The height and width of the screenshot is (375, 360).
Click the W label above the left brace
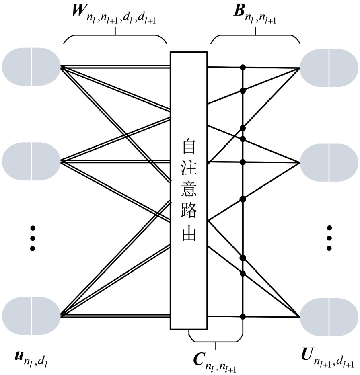tap(79, 17)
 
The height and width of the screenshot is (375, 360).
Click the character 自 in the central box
tap(189, 148)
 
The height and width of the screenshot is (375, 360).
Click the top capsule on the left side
tap(31, 67)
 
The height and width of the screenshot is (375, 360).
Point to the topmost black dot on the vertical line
tap(243, 67)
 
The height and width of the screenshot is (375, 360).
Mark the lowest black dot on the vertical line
tap(243, 316)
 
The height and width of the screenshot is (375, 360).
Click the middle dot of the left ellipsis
tap(33, 239)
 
